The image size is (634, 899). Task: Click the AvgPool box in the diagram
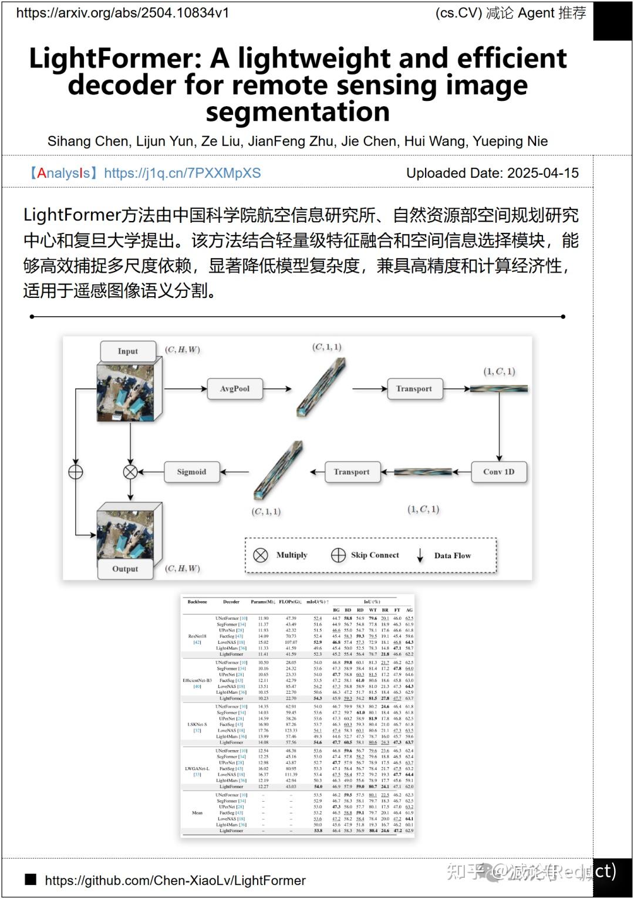[x=235, y=389]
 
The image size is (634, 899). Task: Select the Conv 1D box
[x=498, y=471]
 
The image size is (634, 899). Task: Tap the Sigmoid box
[x=191, y=471]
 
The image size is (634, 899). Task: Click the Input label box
[x=127, y=351]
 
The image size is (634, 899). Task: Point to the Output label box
[x=125, y=569]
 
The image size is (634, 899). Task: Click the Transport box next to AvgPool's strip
[x=414, y=389]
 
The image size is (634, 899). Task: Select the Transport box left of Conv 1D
[x=352, y=471]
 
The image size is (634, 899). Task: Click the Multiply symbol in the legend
[x=261, y=555]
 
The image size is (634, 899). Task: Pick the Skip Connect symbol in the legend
[x=338, y=555]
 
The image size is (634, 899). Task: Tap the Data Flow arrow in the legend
[x=420, y=555]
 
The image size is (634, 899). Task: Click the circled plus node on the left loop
[x=76, y=471]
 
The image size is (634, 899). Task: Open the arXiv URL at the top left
[x=123, y=13]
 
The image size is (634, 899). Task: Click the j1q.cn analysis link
[x=182, y=173]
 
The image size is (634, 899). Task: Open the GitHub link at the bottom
[x=175, y=880]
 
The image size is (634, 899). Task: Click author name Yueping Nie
[x=510, y=141]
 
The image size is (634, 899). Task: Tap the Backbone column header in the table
[x=197, y=602]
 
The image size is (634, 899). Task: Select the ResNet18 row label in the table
[x=197, y=636]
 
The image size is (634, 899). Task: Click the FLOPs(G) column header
[x=290, y=602]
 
